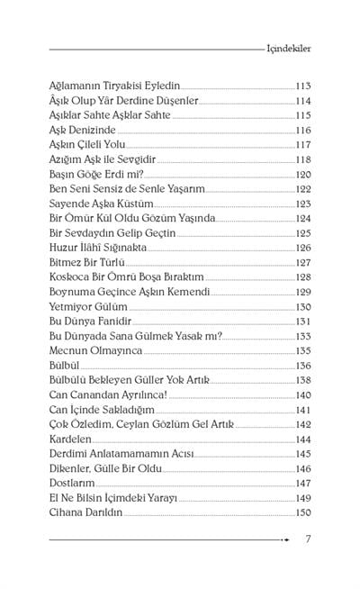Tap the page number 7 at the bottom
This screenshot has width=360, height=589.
pos(309,539)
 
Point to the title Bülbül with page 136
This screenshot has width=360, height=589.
pos(62,366)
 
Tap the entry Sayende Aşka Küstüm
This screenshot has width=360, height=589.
pos(100,204)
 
